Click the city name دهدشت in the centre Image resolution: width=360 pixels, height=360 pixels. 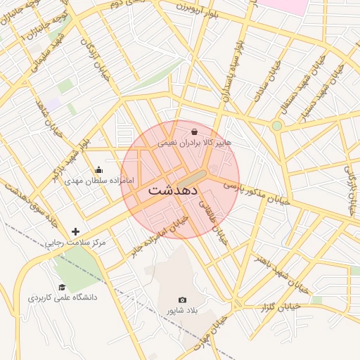pos(174,191)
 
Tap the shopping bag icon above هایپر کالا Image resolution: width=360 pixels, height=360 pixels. pos(194,131)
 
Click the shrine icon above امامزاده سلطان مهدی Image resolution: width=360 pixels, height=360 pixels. pos(98,169)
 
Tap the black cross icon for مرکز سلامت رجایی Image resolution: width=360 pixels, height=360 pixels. pos(76,231)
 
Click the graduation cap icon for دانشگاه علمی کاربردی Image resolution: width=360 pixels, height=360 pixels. pos(62,287)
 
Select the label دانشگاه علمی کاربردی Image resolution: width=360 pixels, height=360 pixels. pos(63,297)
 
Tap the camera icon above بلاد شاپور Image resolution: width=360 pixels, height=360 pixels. pos(183,300)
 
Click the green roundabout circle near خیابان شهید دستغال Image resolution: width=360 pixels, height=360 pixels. pos(277,126)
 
